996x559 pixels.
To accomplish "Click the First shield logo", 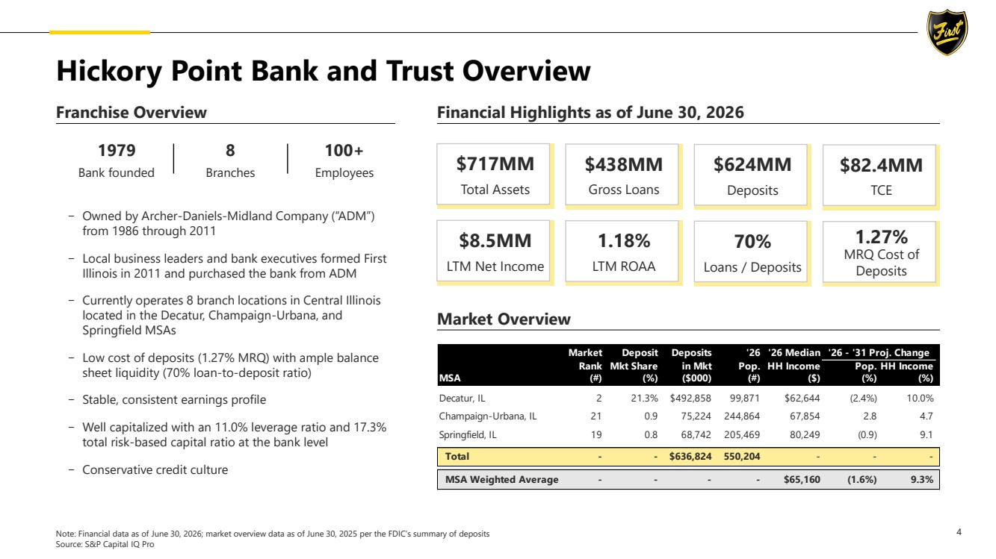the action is (x=947, y=32).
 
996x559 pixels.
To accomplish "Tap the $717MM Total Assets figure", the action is (x=495, y=164).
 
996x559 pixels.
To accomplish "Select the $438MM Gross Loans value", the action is (x=623, y=164).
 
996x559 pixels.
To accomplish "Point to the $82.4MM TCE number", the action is (x=881, y=165).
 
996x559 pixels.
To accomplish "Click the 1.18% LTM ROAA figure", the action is (x=623, y=241).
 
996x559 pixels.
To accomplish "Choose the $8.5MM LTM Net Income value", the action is (x=495, y=240).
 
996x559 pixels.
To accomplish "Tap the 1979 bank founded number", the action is (x=117, y=151).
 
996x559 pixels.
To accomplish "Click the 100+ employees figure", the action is (x=344, y=151).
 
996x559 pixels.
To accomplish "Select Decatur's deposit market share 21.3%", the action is (x=644, y=399).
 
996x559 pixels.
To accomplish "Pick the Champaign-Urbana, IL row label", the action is (x=488, y=416).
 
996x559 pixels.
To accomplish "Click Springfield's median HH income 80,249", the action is (x=805, y=434).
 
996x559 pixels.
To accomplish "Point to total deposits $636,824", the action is (x=690, y=457).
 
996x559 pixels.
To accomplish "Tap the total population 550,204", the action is (x=742, y=457).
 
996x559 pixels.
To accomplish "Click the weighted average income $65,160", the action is (x=802, y=480).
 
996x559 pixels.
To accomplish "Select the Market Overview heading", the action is (x=504, y=319).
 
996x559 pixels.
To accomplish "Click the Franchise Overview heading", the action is (x=132, y=113).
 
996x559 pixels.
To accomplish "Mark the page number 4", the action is (x=959, y=532).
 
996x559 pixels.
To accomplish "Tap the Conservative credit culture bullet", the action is (x=155, y=469).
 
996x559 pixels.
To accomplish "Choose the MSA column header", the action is (x=450, y=378).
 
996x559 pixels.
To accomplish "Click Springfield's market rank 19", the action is (x=596, y=434).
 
